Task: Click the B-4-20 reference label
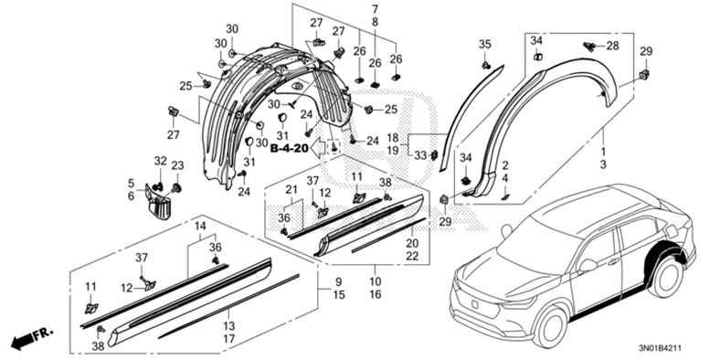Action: (289, 148)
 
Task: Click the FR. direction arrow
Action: (32, 337)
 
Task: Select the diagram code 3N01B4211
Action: (661, 348)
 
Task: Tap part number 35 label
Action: (484, 45)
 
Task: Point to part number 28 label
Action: (612, 46)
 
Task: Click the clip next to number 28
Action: (589, 46)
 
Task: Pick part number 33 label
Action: (420, 155)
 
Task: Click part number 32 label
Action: (160, 161)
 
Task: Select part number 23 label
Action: (177, 165)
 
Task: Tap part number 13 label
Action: (229, 325)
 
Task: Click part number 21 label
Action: (291, 189)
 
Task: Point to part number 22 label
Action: (412, 256)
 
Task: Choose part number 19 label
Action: (393, 151)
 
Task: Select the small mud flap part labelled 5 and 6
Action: (157, 203)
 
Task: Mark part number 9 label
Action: (339, 282)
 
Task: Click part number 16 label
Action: (376, 295)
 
